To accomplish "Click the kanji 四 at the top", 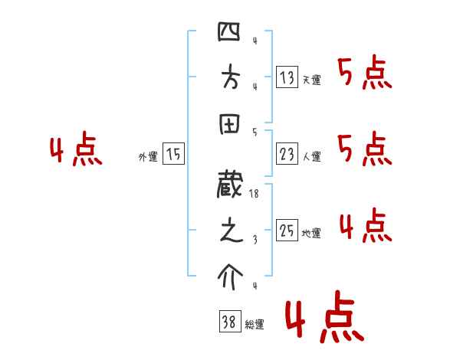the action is pos(230,32).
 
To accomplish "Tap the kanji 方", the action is pos(230,80).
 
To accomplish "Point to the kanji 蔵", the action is pos(230,187).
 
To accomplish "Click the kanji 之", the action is pos(230,233).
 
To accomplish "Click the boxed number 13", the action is pos(287,77).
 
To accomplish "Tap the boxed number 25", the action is pos(287,230).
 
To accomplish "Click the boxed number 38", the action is pos(229,322).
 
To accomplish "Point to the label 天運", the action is pos(312,79).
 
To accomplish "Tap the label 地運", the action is pos(312,233).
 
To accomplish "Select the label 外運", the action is pos(148,157).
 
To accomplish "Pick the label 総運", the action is pos(255,325).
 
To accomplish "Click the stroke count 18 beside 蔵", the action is pos(255,195).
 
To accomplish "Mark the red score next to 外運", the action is pos(75,150).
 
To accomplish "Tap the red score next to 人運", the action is pos(365,149).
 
